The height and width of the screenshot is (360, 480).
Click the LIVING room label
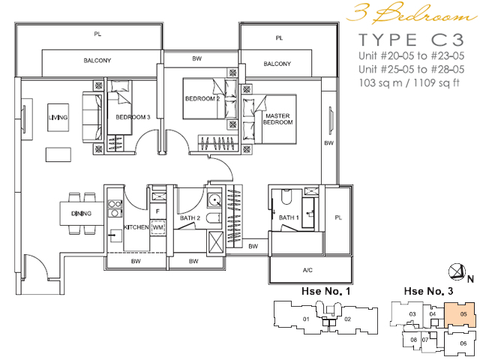pos(58,118)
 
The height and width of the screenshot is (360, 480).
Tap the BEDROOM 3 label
pos(133,117)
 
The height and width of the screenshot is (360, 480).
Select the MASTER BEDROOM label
pos(277,119)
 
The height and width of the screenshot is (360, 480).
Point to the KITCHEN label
pos(136,227)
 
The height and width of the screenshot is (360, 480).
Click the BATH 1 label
pos(289,217)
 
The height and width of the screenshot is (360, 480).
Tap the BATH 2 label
pos(190,218)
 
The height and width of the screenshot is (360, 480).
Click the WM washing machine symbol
pos(157,227)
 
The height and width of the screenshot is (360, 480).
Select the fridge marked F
pos(157,211)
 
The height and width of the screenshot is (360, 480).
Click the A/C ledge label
pos(307,270)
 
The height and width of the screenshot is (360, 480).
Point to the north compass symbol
pos(457,271)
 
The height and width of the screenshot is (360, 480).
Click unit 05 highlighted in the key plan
pos(460,315)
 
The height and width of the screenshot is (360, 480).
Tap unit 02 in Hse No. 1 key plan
pos(347,319)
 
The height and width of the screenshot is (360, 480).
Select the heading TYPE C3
pos(411,40)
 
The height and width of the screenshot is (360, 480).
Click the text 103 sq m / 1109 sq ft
pos(409,82)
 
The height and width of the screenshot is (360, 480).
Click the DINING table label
pos(81,213)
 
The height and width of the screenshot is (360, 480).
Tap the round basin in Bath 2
pos(215,200)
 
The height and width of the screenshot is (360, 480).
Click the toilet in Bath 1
pos(286,197)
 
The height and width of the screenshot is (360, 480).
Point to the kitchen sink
pos(115,235)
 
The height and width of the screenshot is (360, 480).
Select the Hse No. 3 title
pos(428,291)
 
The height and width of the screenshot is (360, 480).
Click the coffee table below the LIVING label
pos(58,154)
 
